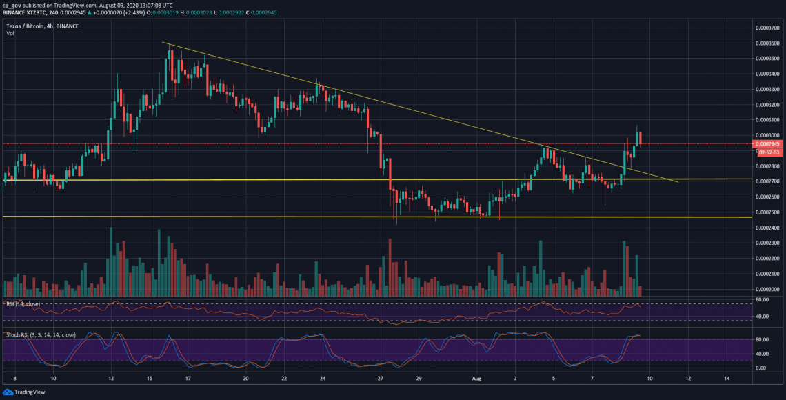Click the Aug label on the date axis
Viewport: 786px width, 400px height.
[x=475, y=379]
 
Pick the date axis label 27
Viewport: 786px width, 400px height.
[x=380, y=379]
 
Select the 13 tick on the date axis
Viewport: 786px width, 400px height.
[x=111, y=379]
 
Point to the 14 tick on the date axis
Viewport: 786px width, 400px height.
[x=727, y=379]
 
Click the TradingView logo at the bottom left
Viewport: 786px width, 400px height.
[x=24, y=392]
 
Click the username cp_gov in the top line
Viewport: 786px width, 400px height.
[x=15, y=3]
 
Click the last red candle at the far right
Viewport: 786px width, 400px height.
[x=641, y=139]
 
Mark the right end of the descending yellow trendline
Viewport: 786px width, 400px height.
[x=678, y=182]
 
